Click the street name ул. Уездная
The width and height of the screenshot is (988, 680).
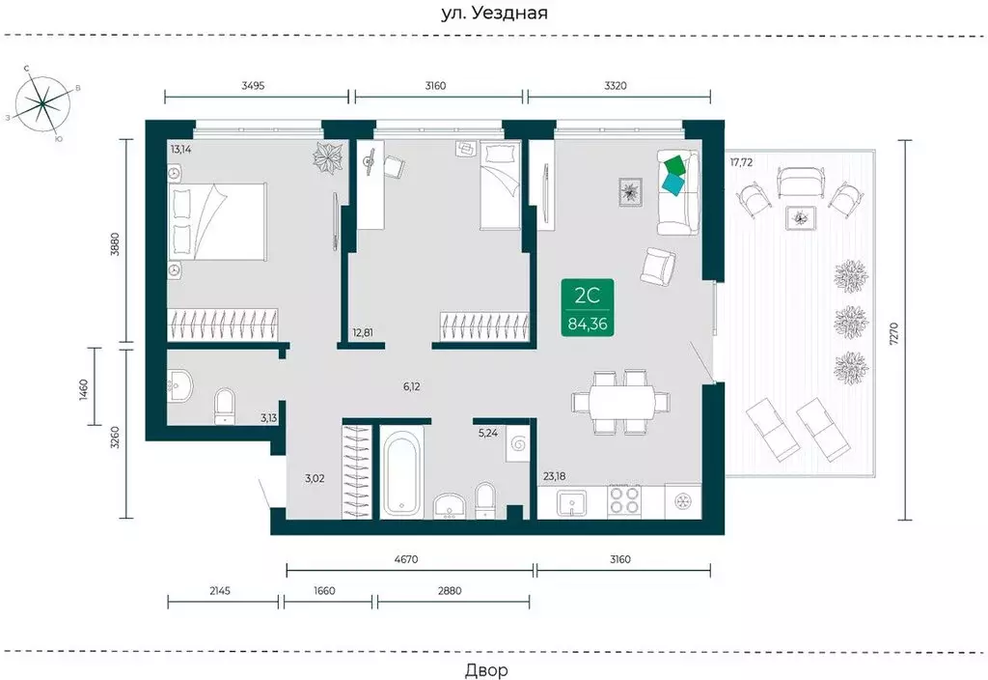pyautogui.click(x=494, y=13)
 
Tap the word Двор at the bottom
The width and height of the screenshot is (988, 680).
pyautogui.click(x=486, y=670)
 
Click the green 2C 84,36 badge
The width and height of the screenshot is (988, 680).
pyautogui.click(x=588, y=307)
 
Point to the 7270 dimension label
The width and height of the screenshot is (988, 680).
pyautogui.click(x=894, y=332)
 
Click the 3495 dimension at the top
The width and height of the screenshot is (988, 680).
pyautogui.click(x=253, y=86)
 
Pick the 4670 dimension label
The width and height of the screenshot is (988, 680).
pyautogui.click(x=406, y=559)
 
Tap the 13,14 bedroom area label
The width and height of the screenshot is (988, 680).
pyautogui.click(x=180, y=150)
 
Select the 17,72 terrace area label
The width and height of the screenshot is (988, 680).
pyautogui.click(x=742, y=162)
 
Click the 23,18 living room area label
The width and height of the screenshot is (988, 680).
pyautogui.click(x=555, y=476)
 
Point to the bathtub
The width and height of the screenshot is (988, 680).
pyautogui.click(x=401, y=470)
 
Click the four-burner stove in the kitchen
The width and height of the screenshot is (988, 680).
pyautogui.click(x=624, y=501)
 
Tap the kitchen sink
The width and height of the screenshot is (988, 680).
pyautogui.click(x=571, y=503)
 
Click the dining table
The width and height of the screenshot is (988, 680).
pyautogui.click(x=621, y=402)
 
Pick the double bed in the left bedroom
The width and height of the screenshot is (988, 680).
pyautogui.click(x=217, y=221)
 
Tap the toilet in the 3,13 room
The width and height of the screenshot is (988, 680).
pyautogui.click(x=225, y=405)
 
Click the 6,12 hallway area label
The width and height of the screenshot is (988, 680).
pyautogui.click(x=411, y=386)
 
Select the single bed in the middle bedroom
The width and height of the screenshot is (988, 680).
pyautogui.click(x=501, y=185)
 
